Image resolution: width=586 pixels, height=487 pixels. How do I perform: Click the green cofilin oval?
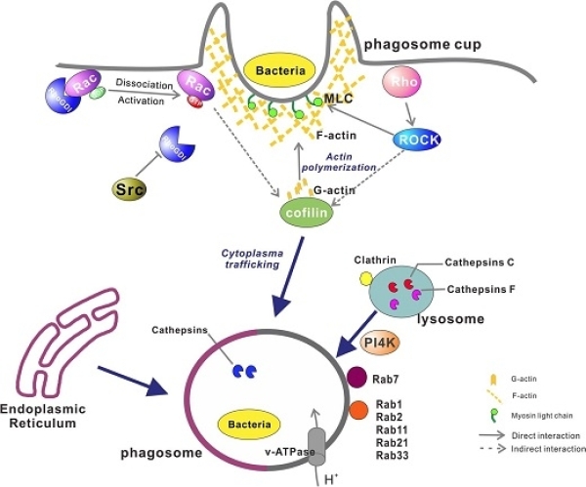[x=302, y=210]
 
